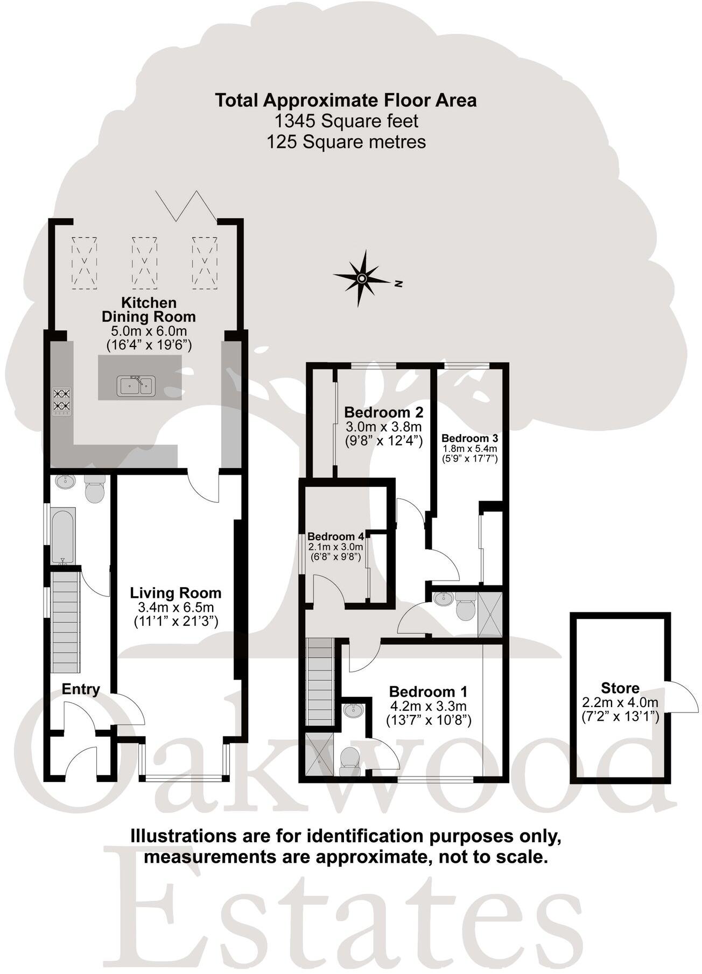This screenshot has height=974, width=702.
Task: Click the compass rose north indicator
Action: [x=362, y=278]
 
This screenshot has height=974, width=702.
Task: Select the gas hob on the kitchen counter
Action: [x=61, y=401]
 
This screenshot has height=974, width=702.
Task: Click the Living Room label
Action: [x=175, y=593]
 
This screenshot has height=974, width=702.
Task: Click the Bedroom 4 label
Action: [x=336, y=536]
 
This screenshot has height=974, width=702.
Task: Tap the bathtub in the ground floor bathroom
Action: [x=63, y=536]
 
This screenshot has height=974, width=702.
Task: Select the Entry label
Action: [x=81, y=689]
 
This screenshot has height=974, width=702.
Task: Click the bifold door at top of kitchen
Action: [x=186, y=206]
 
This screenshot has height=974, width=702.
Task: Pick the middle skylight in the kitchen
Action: [x=144, y=262]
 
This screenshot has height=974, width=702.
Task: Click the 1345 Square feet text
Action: [x=346, y=121]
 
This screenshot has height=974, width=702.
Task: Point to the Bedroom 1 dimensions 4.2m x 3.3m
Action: [x=428, y=705]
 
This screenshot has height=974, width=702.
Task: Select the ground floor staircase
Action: [x=65, y=622]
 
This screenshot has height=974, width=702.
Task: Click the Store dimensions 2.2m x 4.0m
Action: [x=620, y=703]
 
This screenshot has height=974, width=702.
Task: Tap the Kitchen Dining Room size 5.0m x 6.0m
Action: [x=148, y=331]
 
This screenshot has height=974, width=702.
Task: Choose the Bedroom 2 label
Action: [x=383, y=413]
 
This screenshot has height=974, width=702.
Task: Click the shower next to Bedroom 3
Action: [x=490, y=613]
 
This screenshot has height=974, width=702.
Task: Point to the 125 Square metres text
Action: [x=346, y=142]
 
